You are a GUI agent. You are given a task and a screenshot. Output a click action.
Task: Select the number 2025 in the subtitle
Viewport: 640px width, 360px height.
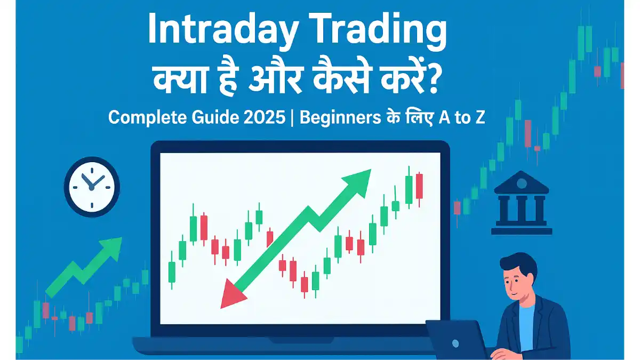(x=265, y=117)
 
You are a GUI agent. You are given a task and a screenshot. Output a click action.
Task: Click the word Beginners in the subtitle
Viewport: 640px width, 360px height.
(x=340, y=117)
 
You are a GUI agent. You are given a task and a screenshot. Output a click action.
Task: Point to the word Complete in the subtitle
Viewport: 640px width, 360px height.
(x=147, y=118)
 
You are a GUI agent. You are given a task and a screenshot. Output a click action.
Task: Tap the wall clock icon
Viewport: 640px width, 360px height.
(x=92, y=187)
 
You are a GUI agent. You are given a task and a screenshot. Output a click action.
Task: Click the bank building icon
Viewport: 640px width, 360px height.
(x=522, y=203)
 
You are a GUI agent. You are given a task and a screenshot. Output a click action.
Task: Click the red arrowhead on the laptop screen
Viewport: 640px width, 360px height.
(x=231, y=294)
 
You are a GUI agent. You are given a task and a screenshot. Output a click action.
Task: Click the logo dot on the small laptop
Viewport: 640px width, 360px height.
(x=455, y=343)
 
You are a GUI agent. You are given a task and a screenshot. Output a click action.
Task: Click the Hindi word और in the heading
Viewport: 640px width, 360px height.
(x=275, y=78)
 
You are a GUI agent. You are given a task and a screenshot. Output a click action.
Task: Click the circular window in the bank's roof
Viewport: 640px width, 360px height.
(x=522, y=183)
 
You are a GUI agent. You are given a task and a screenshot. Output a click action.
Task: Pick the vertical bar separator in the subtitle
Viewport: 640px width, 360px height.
(x=292, y=118)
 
